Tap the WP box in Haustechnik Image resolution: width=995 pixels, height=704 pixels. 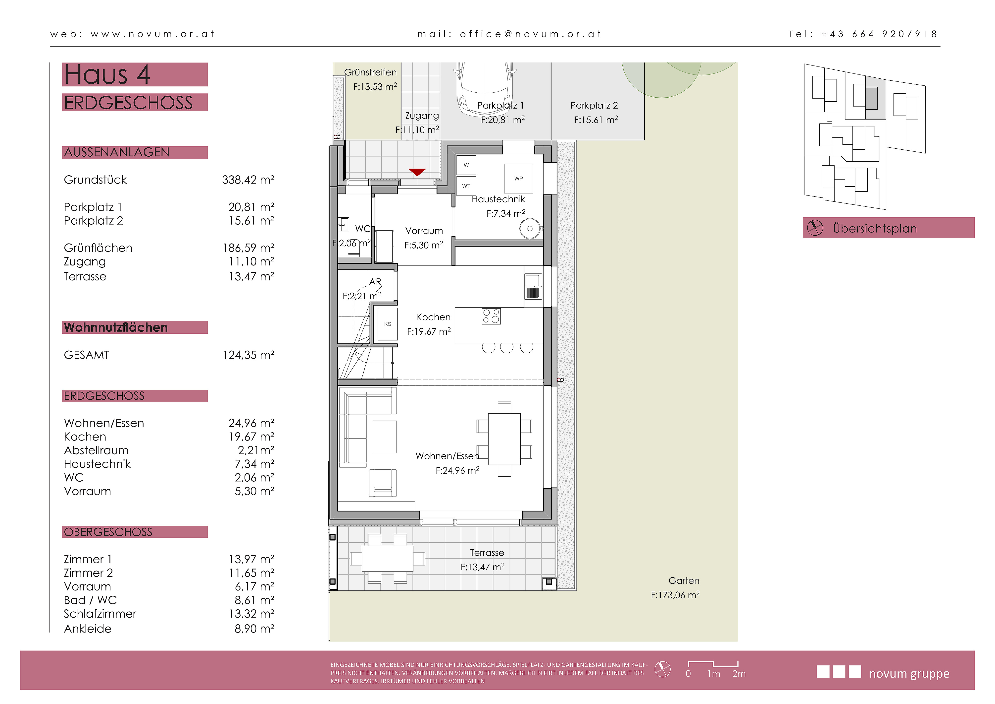[x=518, y=178]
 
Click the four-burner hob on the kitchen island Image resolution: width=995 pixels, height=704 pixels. [x=491, y=316]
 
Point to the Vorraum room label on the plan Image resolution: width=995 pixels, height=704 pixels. [x=424, y=231]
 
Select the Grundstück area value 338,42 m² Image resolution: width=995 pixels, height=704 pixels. [x=248, y=180]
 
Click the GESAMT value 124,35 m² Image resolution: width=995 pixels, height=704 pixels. [x=248, y=355]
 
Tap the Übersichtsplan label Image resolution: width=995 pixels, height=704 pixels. [x=875, y=229]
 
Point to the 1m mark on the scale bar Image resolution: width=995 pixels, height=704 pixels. [x=714, y=674]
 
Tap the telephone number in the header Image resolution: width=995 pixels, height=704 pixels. [x=879, y=34]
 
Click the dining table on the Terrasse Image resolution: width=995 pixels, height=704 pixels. [x=387, y=559]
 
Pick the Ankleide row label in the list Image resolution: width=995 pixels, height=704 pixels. [x=88, y=629]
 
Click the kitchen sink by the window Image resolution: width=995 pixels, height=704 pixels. [x=533, y=286]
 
